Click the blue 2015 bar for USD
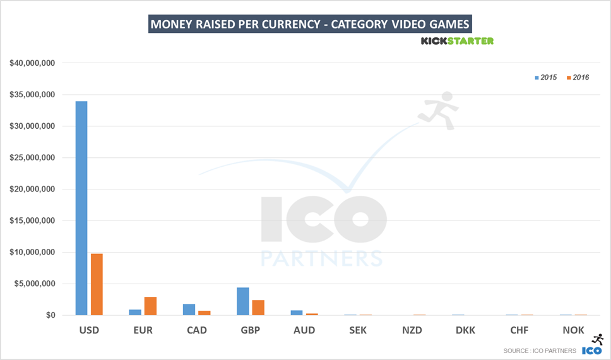(x=81, y=208)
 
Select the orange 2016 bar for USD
(x=97, y=284)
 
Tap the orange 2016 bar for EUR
(x=150, y=306)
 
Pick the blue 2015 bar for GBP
(x=243, y=301)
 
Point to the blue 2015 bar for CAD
(x=189, y=309)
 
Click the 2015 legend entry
(x=545, y=77)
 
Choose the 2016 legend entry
(x=578, y=77)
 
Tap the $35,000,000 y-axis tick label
(x=32, y=95)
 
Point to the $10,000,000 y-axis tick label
(x=32, y=252)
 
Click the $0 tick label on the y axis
(x=50, y=315)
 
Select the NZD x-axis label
(x=412, y=330)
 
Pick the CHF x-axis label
(x=519, y=330)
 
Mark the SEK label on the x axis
(x=357, y=330)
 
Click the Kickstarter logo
(x=457, y=41)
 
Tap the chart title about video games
(x=310, y=25)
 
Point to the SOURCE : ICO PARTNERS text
(x=540, y=351)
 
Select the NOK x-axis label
(x=573, y=330)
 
